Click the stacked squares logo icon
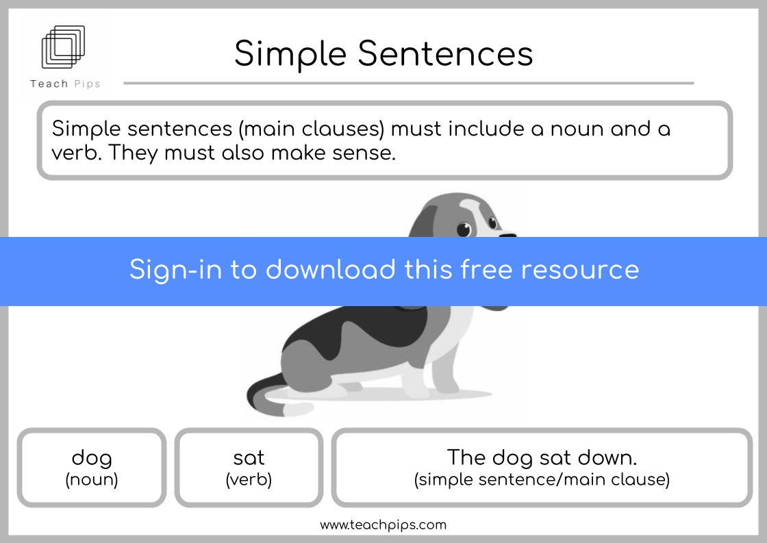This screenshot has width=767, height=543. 63,47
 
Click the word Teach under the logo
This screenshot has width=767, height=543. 49,84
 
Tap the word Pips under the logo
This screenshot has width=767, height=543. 87,84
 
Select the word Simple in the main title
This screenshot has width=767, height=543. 290,54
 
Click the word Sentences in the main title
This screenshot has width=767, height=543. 445,53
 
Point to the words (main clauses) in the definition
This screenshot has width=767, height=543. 312,129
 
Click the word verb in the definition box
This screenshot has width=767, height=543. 76,153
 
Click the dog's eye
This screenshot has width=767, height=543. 463,229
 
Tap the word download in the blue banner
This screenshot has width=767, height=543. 330,270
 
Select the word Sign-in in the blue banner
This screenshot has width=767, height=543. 175,270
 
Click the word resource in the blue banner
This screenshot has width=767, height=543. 579,270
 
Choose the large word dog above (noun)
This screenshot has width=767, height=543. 92,458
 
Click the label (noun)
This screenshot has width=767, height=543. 92,479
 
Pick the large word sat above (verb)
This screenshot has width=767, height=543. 249,458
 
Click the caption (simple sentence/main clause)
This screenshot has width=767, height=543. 542,479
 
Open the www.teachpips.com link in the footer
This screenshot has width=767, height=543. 383,525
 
